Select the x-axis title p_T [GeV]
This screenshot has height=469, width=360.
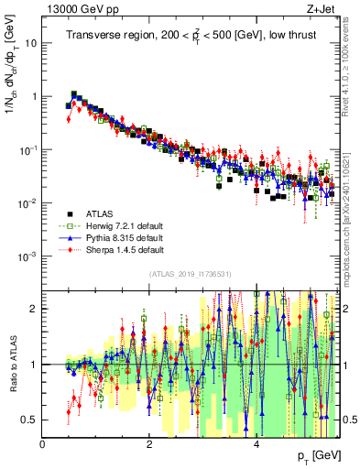(x=321, y=455)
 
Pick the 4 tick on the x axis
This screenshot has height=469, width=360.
(x=256, y=443)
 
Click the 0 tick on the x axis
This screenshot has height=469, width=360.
(x=43, y=443)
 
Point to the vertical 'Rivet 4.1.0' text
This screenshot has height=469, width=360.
(x=351, y=64)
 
